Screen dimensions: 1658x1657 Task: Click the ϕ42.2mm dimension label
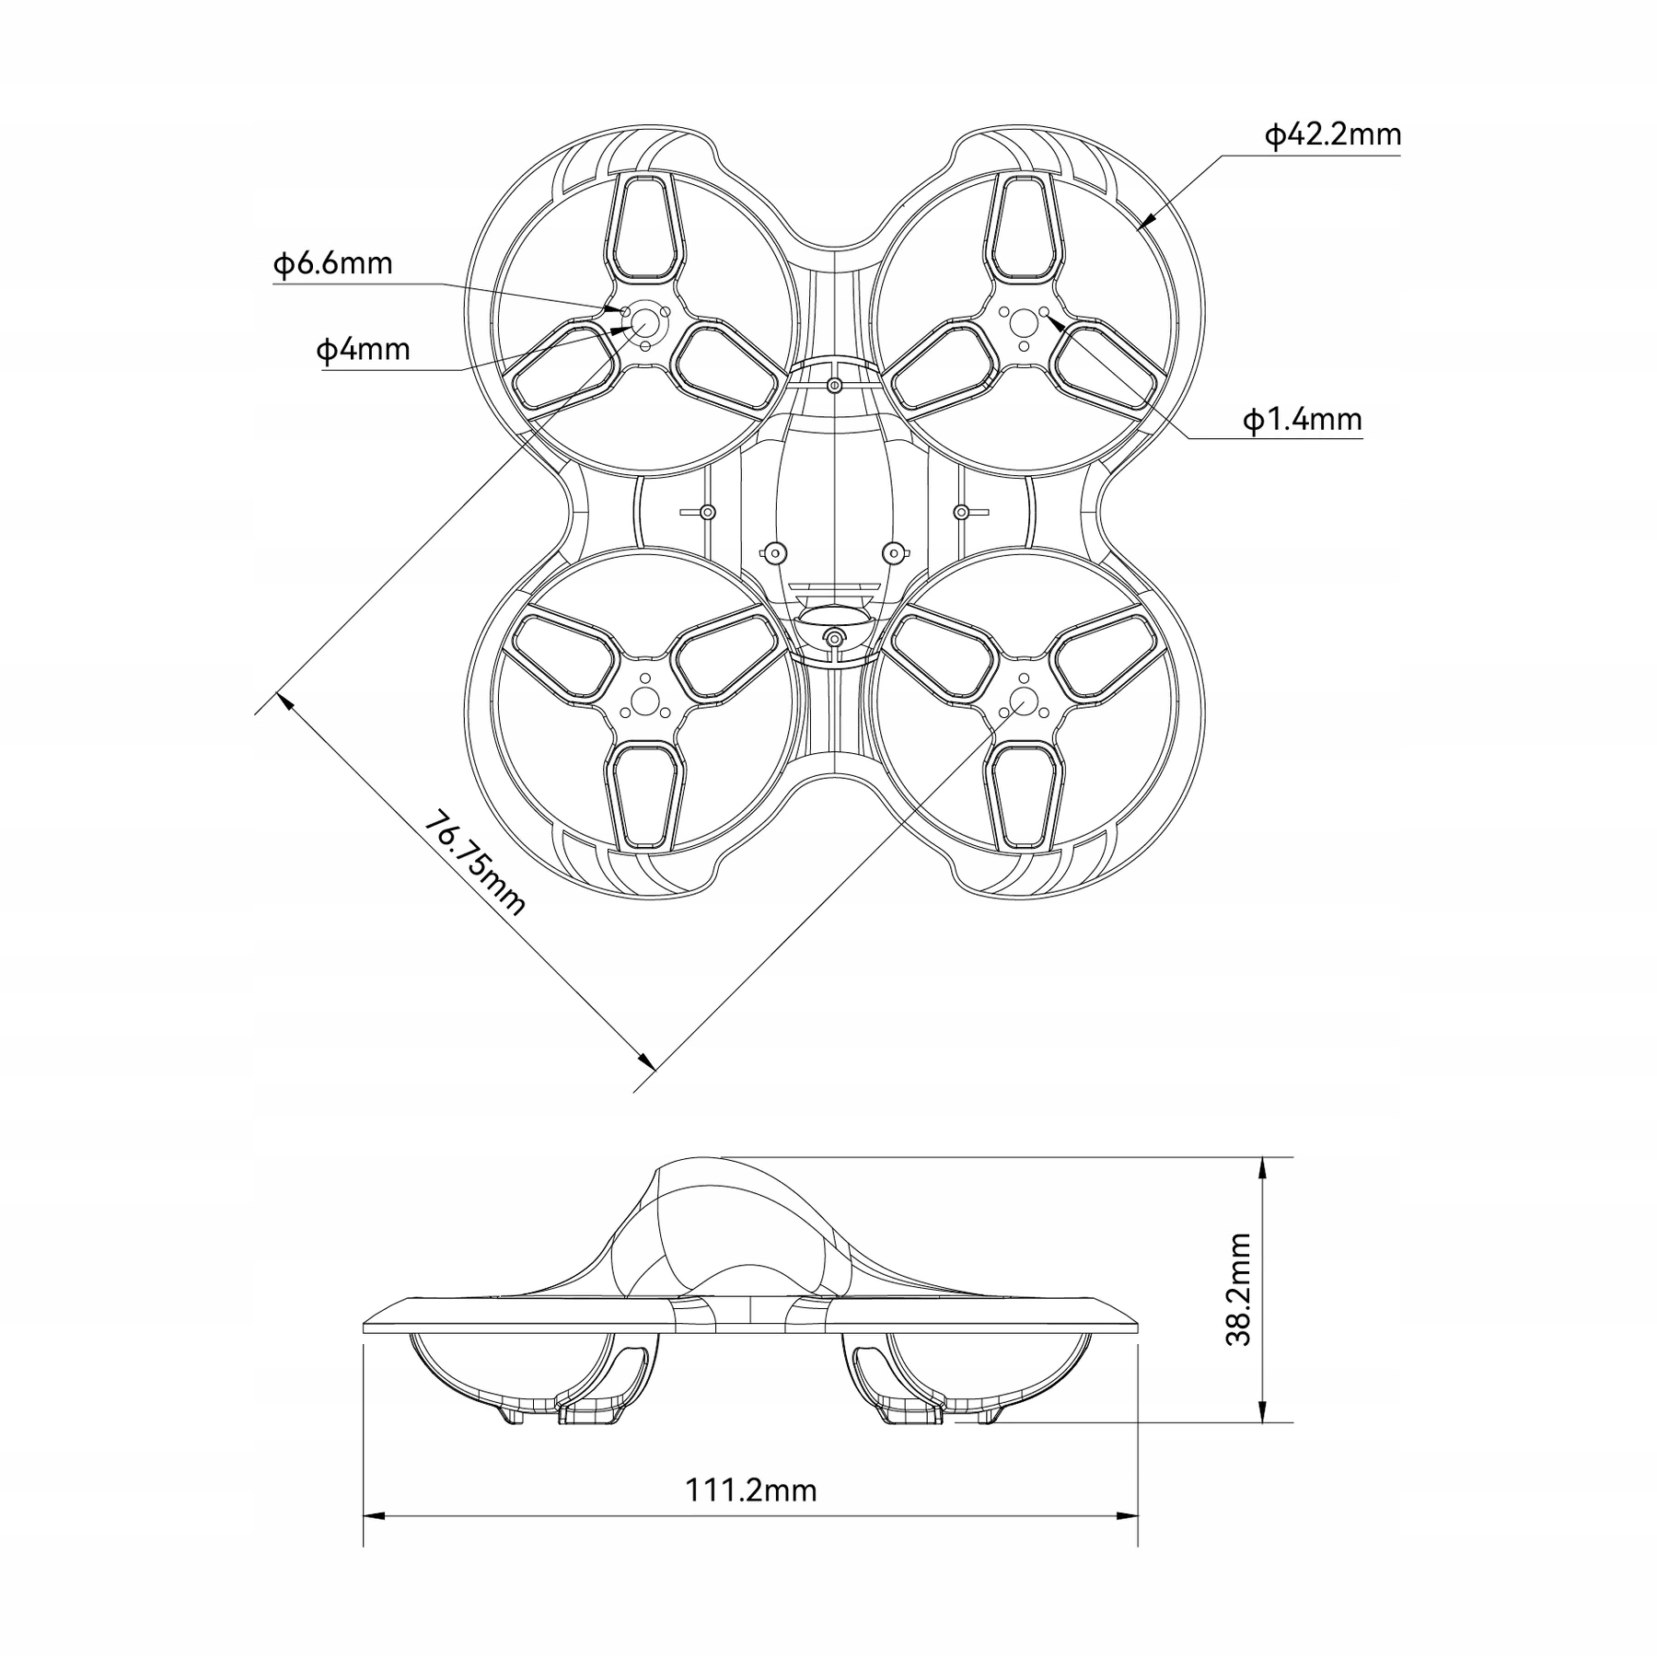pyautogui.click(x=1333, y=135)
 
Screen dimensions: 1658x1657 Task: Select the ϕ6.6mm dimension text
pyautogui.click(x=332, y=264)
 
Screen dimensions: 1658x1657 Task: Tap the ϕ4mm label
pyautogui.click(x=363, y=350)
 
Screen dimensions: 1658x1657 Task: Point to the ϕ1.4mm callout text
pyautogui.click(x=1302, y=420)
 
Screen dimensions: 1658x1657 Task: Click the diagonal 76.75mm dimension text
pyautogui.click(x=474, y=864)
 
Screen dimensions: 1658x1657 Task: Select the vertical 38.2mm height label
pyautogui.click(x=1239, y=1290)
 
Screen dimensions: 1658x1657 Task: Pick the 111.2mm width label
pyautogui.click(x=750, y=1515)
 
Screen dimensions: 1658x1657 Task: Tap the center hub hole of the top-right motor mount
pyautogui.click(x=1024, y=322)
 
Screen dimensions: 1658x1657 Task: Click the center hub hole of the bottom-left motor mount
pyautogui.click(x=644, y=701)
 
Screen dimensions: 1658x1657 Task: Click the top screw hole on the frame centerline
pyautogui.click(x=834, y=384)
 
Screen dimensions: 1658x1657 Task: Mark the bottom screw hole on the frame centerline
pyautogui.click(x=834, y=638)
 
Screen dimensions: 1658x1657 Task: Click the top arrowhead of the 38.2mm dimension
pyautogui.click(x=1265, y=1167)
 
